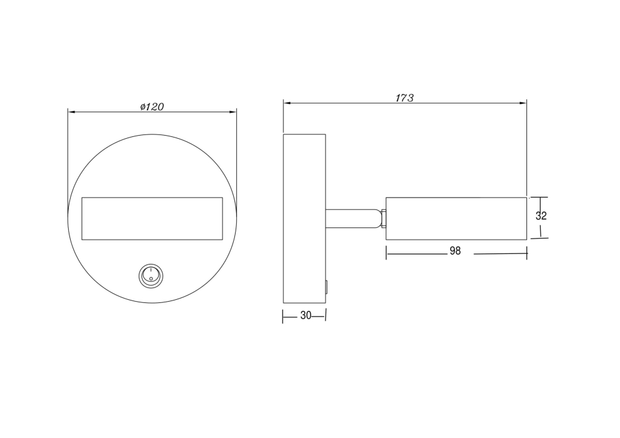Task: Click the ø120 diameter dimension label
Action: coord(152,107)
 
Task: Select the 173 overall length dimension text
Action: coord(404,98)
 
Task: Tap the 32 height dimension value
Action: coord(541,216)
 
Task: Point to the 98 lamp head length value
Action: coord(455,251)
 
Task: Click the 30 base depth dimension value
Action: coord(306,315)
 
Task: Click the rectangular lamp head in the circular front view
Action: coord(153,219)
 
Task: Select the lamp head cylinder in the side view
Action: coord(456,219)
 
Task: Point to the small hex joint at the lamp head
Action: coord(383,219)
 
